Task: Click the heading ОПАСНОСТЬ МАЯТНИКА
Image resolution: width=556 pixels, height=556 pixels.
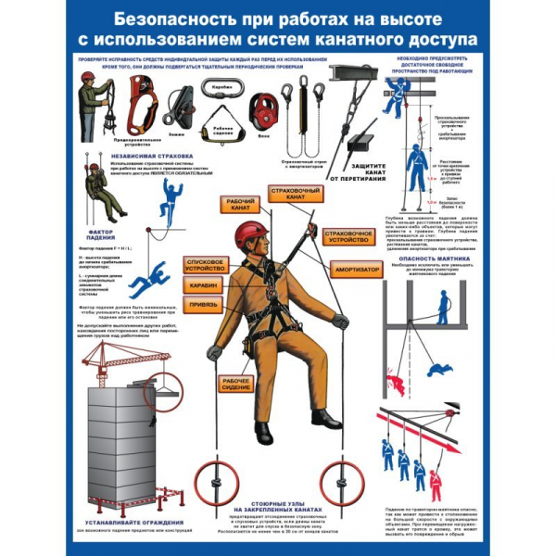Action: coord(429,259)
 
